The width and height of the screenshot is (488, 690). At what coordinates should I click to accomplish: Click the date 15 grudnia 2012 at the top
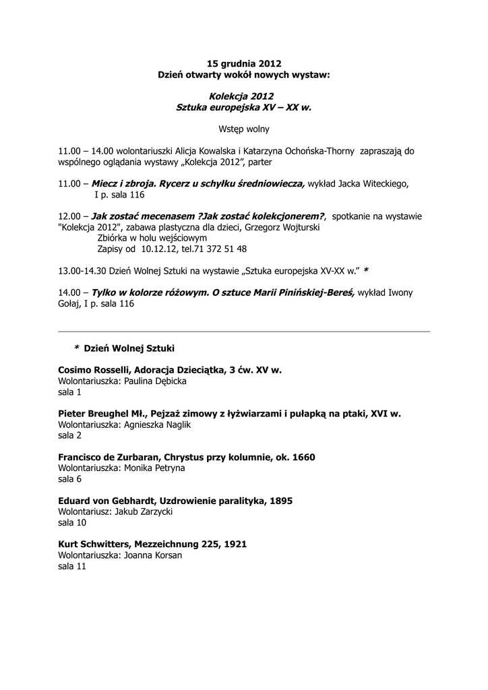click(x=243, y=63)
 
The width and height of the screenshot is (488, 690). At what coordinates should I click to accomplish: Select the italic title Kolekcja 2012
click(x=243, y=96)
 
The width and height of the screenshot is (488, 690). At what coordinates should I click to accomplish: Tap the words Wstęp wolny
click(x=243, y=128)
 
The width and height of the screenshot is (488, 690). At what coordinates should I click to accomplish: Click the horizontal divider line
click(x=243, y=332)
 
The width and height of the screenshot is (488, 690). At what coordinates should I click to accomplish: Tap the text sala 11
click(x=72, y=567)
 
